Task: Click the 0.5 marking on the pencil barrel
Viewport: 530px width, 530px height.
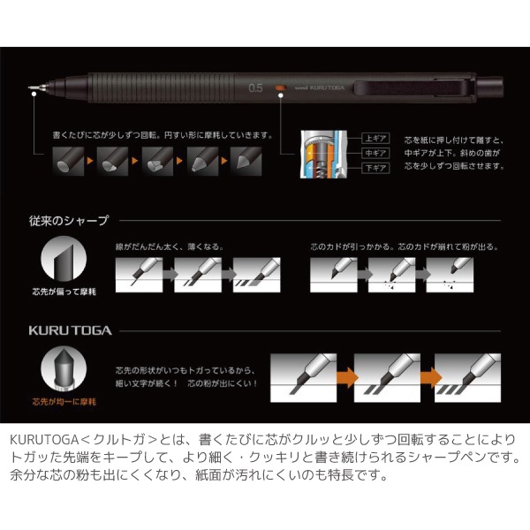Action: tap(257, 87)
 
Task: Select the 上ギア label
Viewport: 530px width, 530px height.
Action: tap(372, 139)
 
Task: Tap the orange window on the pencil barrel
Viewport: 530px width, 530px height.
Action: tap(279, 87)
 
